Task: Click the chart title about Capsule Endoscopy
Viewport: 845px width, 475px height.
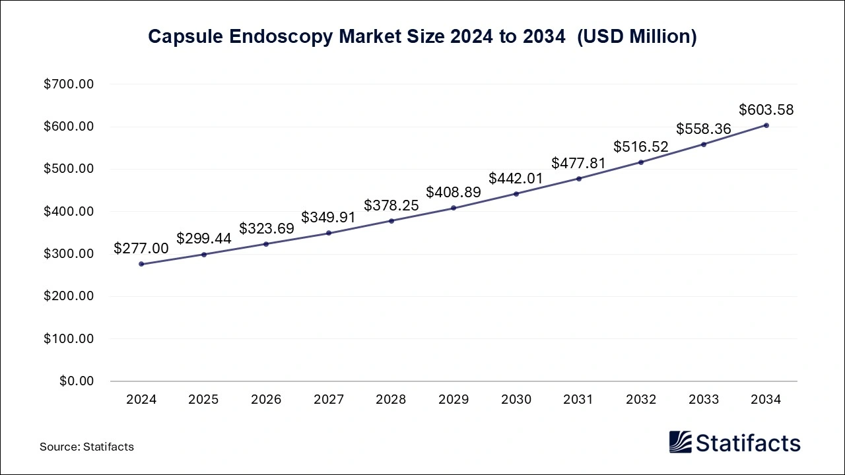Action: (422, 37)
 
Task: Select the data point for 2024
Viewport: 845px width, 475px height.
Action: (141, 264)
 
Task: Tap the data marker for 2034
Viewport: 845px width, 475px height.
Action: (766, 125)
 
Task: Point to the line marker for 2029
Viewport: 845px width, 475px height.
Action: (454, 208)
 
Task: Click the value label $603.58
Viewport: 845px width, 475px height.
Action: (766, 110)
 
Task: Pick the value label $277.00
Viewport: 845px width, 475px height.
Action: (141, 248)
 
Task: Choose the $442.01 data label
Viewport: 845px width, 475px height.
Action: (516, 178)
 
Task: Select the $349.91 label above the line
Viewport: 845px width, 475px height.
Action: (329, 217)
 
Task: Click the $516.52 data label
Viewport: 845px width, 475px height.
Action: (641, 146)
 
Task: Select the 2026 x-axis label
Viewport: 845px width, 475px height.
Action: (266, 400)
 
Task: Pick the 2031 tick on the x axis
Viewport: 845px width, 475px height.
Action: (578, 400)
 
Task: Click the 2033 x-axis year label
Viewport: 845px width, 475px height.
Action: (704, 400)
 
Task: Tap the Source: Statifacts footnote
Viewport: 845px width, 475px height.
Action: (86, 447)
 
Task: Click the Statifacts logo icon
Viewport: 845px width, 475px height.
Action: (680, 442)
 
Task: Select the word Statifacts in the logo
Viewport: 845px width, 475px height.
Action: (748, 443)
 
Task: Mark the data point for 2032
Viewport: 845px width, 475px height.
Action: (641, 162)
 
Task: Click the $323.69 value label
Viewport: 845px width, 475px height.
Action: (266, 228)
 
